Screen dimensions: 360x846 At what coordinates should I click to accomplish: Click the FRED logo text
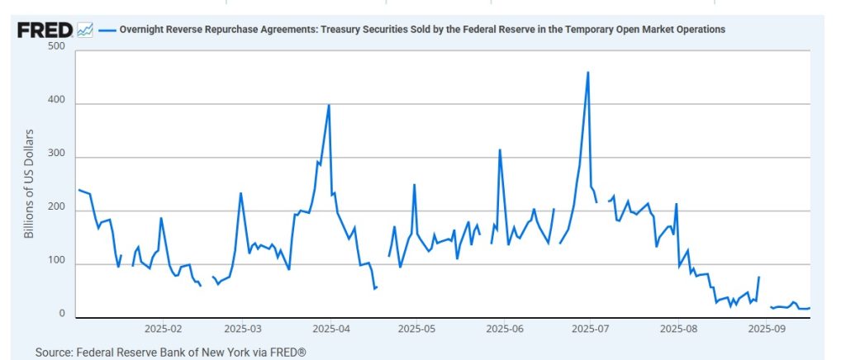45,31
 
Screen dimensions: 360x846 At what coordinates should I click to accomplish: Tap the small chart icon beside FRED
85,31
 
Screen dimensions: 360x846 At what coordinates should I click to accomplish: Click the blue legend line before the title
107,31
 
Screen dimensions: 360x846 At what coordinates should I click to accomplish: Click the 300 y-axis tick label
57,157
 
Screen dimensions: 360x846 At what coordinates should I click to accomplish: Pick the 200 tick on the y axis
57,211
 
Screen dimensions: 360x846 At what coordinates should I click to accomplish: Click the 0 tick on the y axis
61,314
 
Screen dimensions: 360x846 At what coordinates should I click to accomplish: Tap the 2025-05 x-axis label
417,328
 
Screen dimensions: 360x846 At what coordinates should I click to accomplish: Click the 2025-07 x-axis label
591,328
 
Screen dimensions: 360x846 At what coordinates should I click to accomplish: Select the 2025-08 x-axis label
678,328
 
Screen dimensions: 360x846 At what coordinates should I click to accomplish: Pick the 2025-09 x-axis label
765,328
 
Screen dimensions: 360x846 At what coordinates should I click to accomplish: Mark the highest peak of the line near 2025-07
587,72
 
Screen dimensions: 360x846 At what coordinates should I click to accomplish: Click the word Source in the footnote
54,353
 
